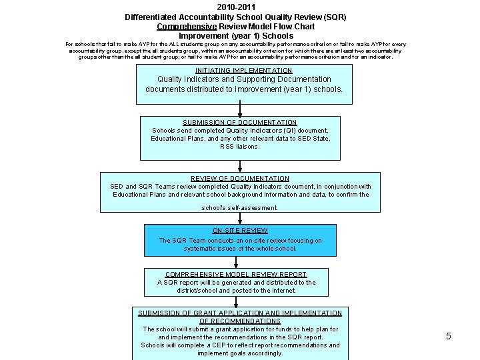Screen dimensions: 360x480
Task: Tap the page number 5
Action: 449,336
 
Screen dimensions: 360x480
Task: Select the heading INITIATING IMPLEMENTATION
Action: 243,70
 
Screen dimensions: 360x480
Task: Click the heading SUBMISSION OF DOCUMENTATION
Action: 240,123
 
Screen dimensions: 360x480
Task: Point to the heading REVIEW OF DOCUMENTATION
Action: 240,179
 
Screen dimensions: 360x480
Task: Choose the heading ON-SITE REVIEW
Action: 240,231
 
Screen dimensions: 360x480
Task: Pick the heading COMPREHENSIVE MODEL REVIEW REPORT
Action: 236,275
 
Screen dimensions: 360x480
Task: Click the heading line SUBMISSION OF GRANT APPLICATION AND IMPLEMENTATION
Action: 240,313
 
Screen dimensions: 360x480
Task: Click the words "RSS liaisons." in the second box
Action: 240,147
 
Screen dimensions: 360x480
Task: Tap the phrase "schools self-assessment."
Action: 240,208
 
